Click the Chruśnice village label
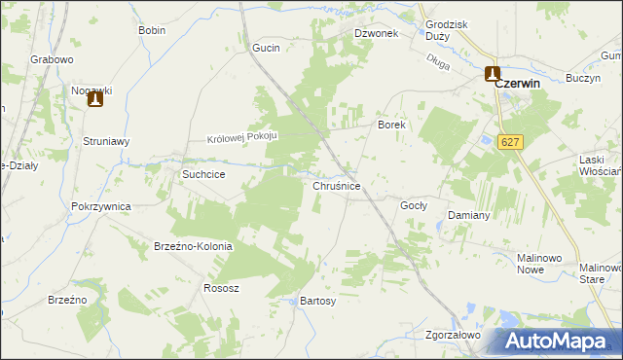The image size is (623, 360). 337,185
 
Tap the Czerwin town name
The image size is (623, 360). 517,84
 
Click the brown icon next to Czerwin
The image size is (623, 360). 493,73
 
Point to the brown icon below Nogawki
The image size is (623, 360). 94,98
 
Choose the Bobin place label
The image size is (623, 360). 152,30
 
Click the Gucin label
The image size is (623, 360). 266,48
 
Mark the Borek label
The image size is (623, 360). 390,126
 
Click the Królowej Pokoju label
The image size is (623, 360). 242,137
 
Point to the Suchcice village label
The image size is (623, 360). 204,174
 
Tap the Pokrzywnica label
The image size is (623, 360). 101,206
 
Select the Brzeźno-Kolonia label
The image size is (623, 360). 193,246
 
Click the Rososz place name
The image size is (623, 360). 221,288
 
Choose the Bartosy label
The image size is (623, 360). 317,302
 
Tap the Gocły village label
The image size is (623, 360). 414,206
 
